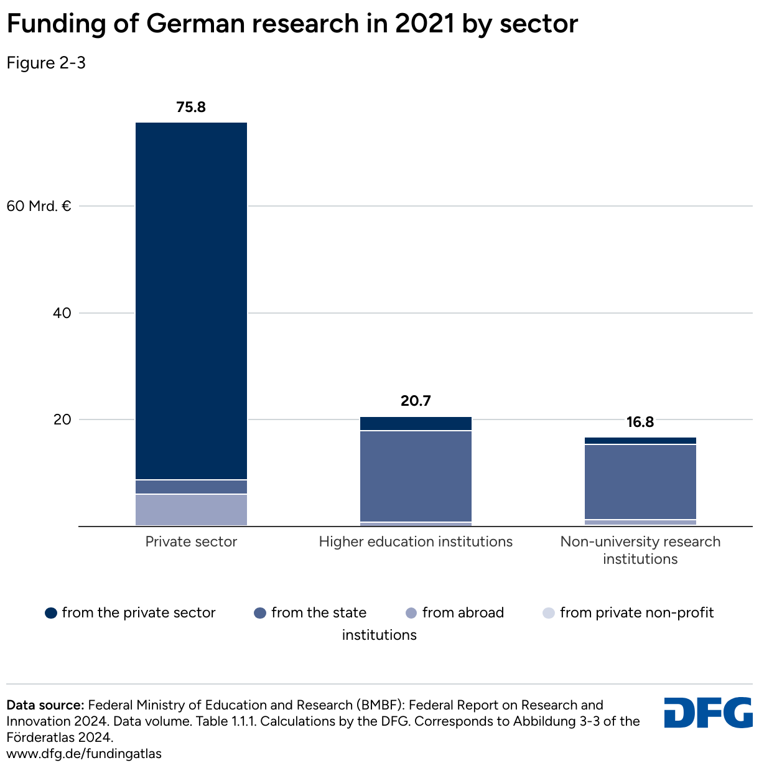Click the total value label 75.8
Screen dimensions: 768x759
[x=191, y=107]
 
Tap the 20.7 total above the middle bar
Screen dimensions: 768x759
[x=416, y=401]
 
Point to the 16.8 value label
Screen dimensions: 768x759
[x=640, y=423]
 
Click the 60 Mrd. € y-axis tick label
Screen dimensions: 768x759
[x=39, y=205]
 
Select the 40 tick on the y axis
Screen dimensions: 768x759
[x=62, y=313]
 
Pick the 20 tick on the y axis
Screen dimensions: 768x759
[x=62, y=419]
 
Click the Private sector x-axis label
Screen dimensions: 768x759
[x=191, y=541]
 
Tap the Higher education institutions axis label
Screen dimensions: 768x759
[x=416, y=541]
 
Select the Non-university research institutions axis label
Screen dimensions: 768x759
[x=640, y=550]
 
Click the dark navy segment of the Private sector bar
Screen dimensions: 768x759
[x=191, y=299]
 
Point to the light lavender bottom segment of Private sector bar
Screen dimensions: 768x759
[x=191, y=510]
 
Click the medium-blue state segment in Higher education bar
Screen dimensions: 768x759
[x=416, y=476]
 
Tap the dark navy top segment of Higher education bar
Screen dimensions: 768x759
[x=416, y=423]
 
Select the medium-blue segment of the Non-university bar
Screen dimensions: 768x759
[x=640, y=482]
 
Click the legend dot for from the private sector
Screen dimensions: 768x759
[x=51, y=613]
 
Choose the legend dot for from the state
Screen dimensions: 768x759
[x=260, y=613]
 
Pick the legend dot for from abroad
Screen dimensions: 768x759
[x=411, y=613]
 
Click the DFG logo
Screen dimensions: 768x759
[x=708, y=713]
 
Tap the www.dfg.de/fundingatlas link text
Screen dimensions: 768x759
[x=84, y=754]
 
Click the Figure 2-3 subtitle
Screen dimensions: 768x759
[x=46, y=63]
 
